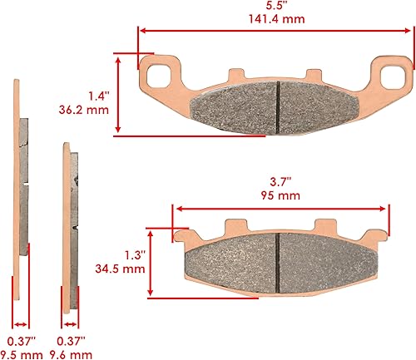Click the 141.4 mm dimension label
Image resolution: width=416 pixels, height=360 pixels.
[x=271, y=16]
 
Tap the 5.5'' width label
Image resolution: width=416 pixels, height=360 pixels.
[x=271, y=4]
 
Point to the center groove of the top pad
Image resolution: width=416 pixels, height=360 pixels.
[x=277, y=105]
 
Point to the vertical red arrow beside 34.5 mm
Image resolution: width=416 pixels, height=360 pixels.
[x=150, y=261]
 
